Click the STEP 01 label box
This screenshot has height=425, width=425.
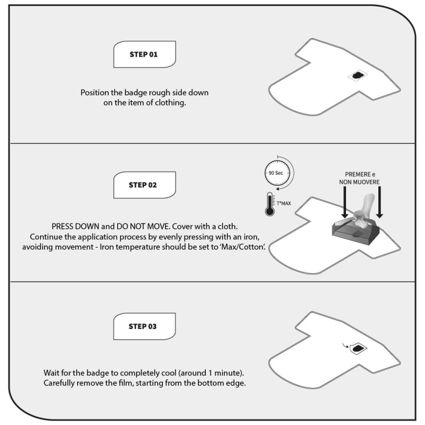coord(144,54)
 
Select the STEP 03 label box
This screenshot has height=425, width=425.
coord(144,326)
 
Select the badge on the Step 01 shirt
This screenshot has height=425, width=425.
coord(357,75)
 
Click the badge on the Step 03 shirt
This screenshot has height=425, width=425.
coord(359,348)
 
